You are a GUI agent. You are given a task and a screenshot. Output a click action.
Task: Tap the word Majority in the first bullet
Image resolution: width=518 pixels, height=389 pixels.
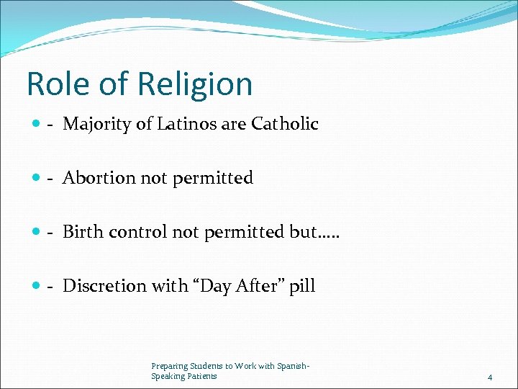pos(96,125)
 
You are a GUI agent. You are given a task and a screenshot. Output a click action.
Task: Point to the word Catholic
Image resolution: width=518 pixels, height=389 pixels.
pos(285,124)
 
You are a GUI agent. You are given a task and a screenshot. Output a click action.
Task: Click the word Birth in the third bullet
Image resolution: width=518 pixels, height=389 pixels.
pos(82,232)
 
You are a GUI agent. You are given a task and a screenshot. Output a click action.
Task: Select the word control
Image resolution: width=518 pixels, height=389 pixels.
pos(137,232)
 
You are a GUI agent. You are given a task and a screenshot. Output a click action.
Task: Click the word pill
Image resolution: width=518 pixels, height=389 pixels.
pos(303,287)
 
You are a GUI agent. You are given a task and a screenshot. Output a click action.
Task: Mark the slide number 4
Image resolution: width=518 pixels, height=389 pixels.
pos(490,377)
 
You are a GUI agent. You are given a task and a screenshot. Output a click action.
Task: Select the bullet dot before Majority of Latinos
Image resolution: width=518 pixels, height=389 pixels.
pos(36,125)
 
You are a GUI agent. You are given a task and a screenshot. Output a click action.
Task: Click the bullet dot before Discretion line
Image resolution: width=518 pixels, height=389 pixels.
pos(36,287)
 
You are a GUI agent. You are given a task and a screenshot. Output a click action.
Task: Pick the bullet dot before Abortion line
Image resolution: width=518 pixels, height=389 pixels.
pos(36,179)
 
